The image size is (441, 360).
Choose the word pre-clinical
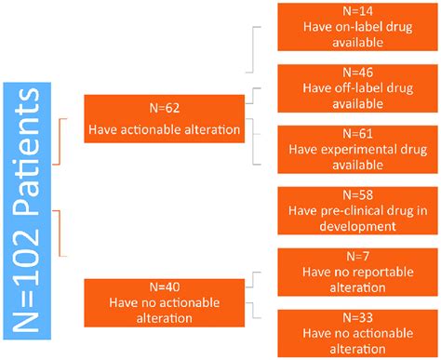coord(349,210)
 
